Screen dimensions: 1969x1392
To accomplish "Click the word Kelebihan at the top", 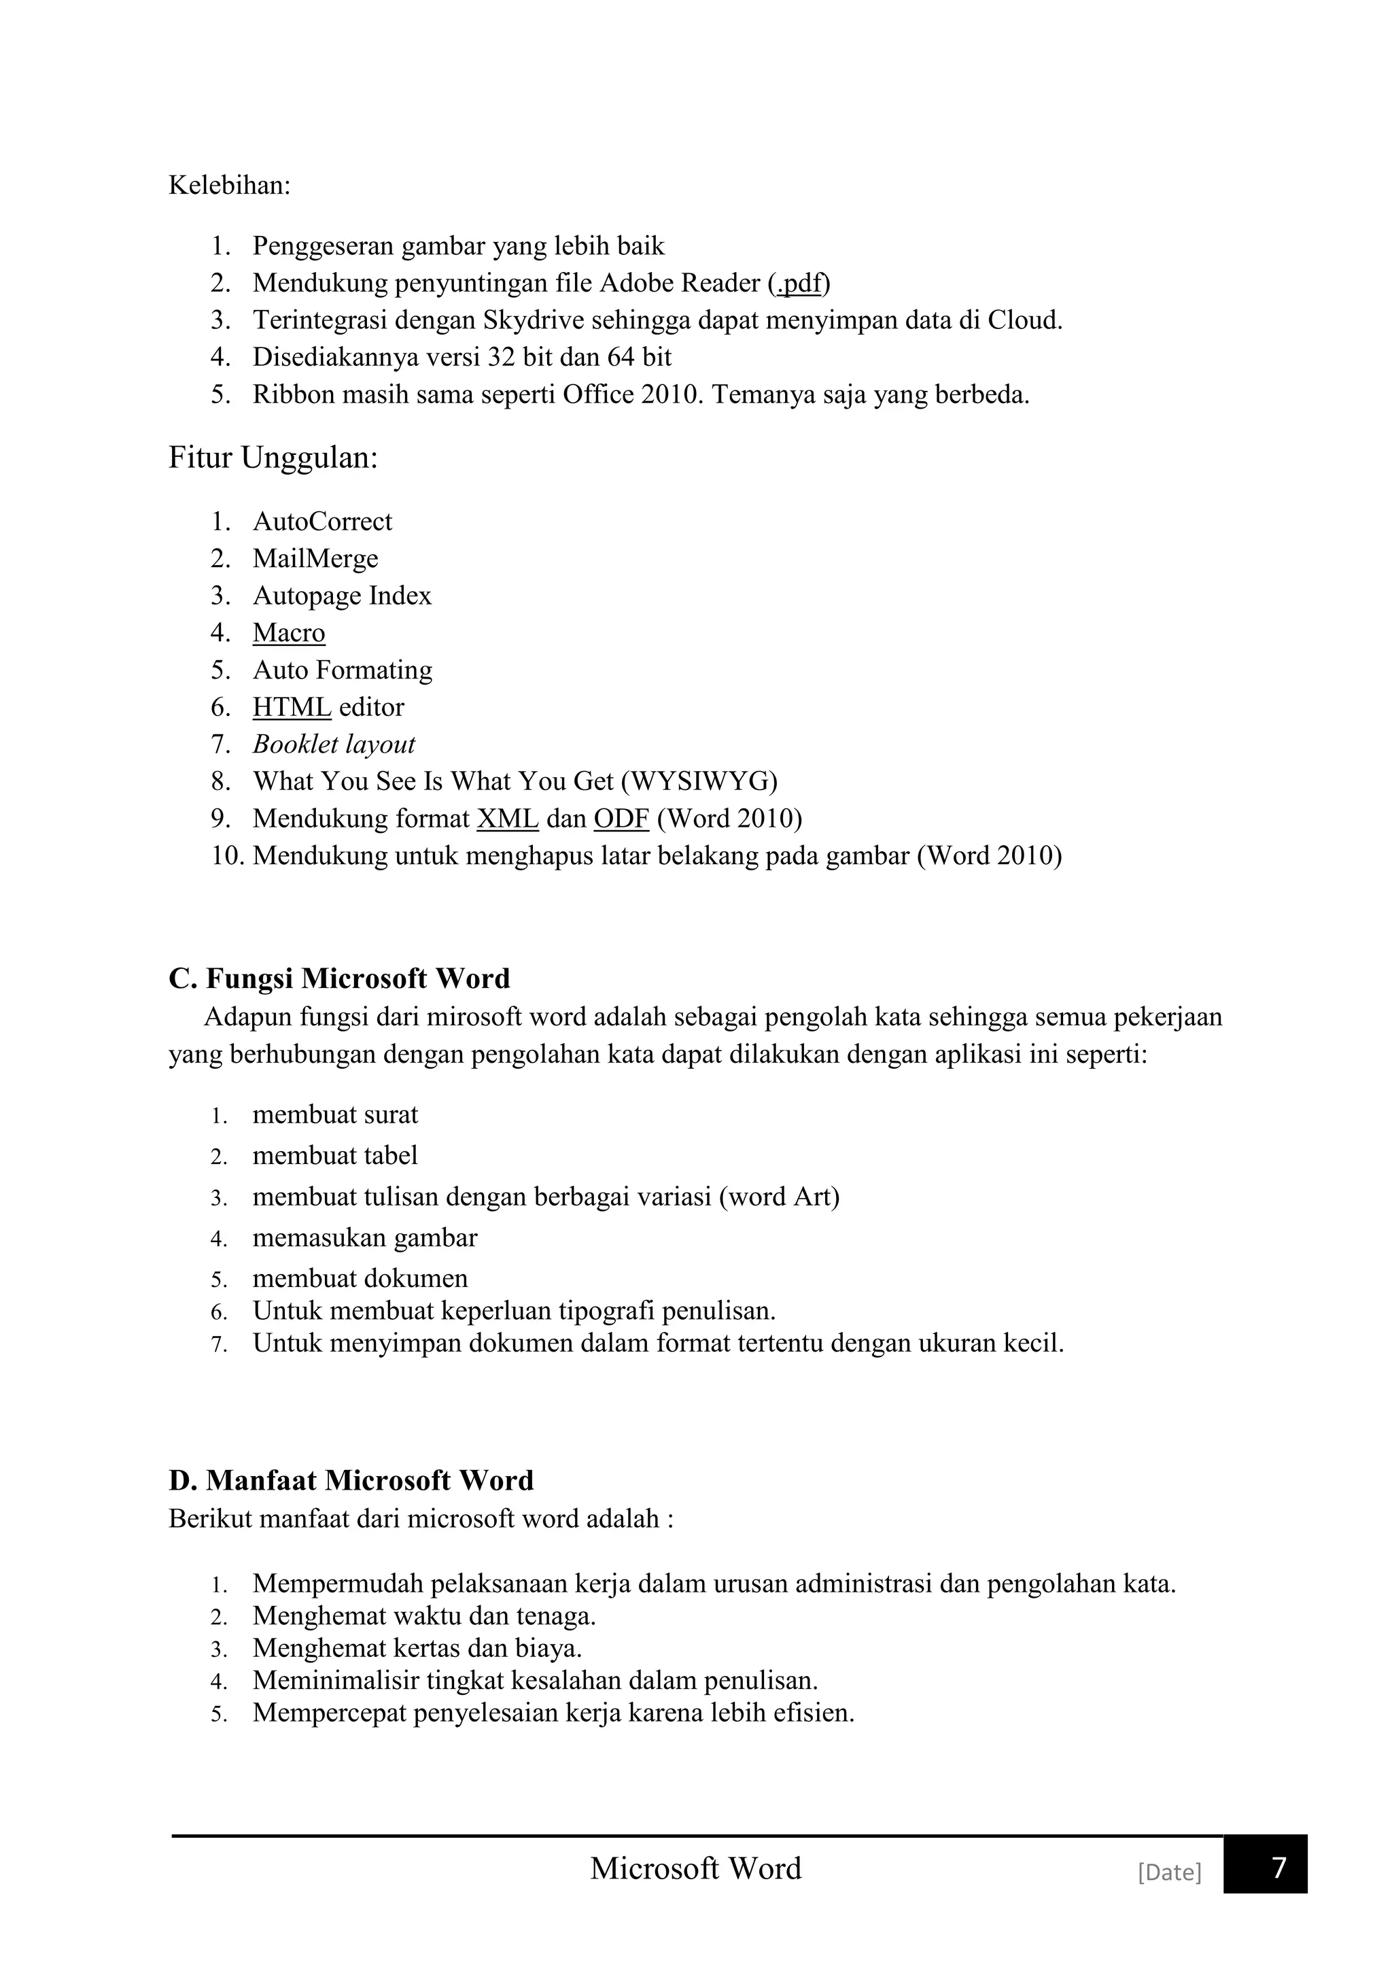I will (229, 185).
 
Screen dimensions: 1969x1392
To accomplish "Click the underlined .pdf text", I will (800, 283).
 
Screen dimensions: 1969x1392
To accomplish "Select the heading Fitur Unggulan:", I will (273, 458).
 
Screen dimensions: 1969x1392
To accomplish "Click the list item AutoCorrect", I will (322, 521).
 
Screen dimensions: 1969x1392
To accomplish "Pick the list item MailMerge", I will (315, 558).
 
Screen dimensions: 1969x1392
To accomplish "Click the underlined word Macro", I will (289, 633).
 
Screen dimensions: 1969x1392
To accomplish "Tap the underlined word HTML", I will (292, 708).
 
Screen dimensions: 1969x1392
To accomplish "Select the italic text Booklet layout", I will (334, 744).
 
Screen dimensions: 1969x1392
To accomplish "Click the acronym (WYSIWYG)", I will (699, 781).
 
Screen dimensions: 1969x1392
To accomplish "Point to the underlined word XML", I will (508, 819).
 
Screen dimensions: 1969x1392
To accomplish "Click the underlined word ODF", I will (621, 819).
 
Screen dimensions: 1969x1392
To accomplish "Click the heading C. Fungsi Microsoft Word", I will (339, 978).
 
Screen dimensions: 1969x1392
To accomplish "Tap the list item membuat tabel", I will (335, 1155).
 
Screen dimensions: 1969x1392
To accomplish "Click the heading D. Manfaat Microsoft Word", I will (351, 1480).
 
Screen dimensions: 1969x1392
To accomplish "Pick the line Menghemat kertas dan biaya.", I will (417, 1648).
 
